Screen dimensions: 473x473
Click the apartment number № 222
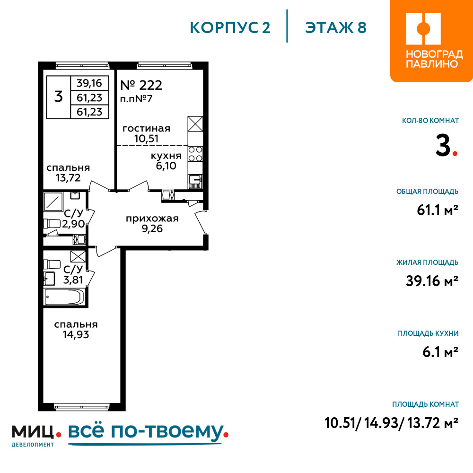click(x=141, y=85)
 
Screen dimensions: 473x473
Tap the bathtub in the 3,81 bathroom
click(x=64, y=297)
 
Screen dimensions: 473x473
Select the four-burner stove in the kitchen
click(x=195, y=154)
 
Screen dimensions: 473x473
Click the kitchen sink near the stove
click(x=195, y=181)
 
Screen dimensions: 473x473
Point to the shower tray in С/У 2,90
click(x=53, y=201)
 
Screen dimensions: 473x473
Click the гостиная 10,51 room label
click(x=146, y=133)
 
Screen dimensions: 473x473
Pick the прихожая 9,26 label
click(x=152, y=224)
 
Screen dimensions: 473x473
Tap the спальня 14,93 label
click(x=76, y=330)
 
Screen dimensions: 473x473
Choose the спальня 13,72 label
click(x=68, y=173)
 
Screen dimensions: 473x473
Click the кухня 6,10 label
click(x=166, y=161)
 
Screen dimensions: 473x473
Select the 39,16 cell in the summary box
click(x=89, y=83)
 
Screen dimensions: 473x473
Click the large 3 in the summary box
click(x=59, y=97)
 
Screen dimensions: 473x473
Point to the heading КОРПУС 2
click(x=230, y=27)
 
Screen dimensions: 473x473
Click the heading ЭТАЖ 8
click(x=336, y=27)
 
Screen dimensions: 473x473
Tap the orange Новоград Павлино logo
click(x=431, y=41)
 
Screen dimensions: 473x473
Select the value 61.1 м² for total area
click(x=438, y=210)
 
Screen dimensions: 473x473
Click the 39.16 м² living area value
click(x=432, y=281)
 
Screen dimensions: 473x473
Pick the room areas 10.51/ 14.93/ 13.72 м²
click(x=392, y=423)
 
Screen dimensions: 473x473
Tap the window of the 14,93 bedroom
click(x=82, y=407)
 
